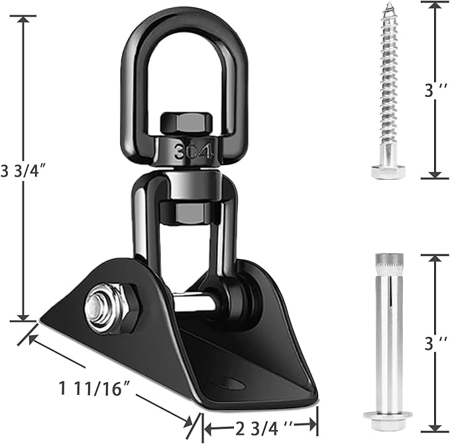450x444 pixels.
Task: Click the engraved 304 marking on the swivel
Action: (x=194, y=151)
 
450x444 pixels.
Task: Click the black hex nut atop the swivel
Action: (x=186, y=123)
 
